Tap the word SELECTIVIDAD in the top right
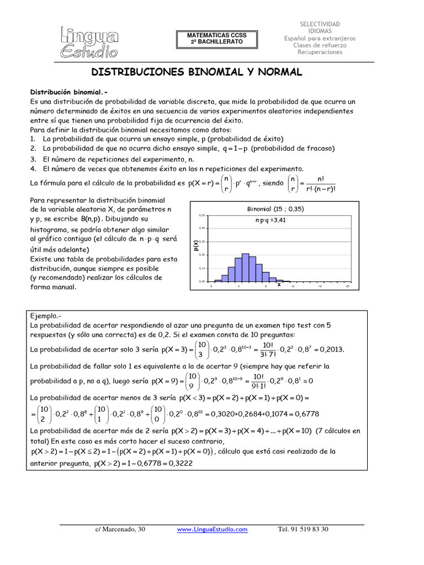coord(320,24)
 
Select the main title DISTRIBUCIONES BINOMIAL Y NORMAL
coord(197,72)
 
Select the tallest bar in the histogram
coord(245,267)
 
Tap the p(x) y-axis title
coord(196,248)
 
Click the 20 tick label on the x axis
coord(347,286)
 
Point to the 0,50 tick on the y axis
coord(202,215)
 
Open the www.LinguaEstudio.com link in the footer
coord(212,530)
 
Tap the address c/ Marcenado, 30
coord(120,530)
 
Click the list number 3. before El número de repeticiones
coord(33,159)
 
